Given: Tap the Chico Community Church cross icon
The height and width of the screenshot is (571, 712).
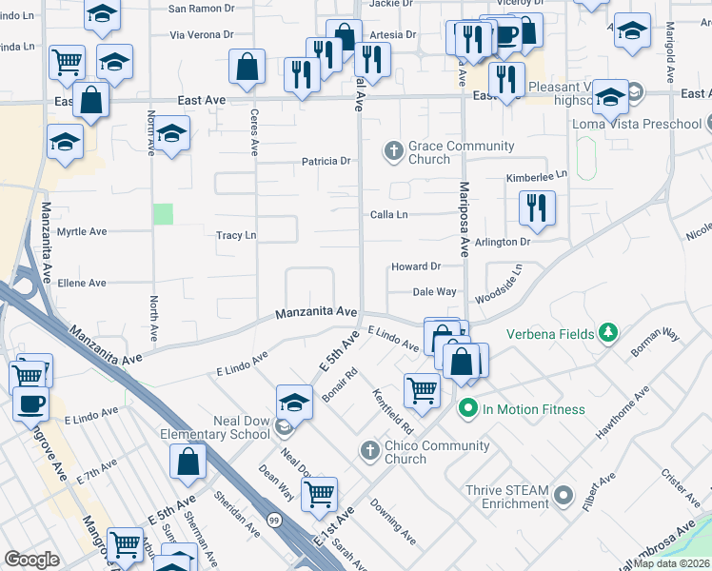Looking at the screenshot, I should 369,448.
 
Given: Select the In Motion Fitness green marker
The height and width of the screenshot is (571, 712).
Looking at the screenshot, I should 467,409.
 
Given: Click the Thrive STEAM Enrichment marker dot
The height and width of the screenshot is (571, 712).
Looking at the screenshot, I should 564,496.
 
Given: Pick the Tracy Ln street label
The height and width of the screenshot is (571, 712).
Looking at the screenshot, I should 236,235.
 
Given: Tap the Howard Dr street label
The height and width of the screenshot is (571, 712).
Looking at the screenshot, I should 415,267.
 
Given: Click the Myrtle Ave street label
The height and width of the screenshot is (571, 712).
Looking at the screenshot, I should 82,231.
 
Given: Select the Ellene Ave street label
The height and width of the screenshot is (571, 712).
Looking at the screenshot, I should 82,284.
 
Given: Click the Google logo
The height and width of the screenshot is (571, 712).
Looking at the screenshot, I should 31,560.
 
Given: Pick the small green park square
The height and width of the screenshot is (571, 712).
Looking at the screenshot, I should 164,214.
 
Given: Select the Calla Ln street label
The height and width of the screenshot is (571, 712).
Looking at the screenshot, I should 388,215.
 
